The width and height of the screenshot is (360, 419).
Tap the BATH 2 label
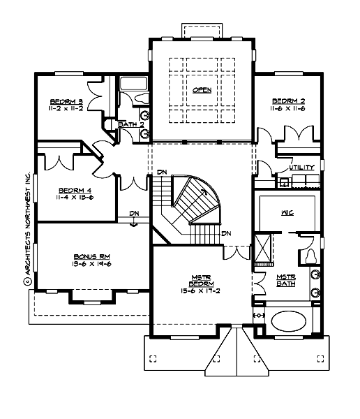pos(130,124)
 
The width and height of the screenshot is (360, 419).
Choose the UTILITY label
pos(302,168)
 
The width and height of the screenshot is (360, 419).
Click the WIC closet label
pos(285,210)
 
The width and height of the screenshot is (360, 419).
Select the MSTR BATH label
pos(286,280)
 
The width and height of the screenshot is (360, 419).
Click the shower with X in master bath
pos(264,248)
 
